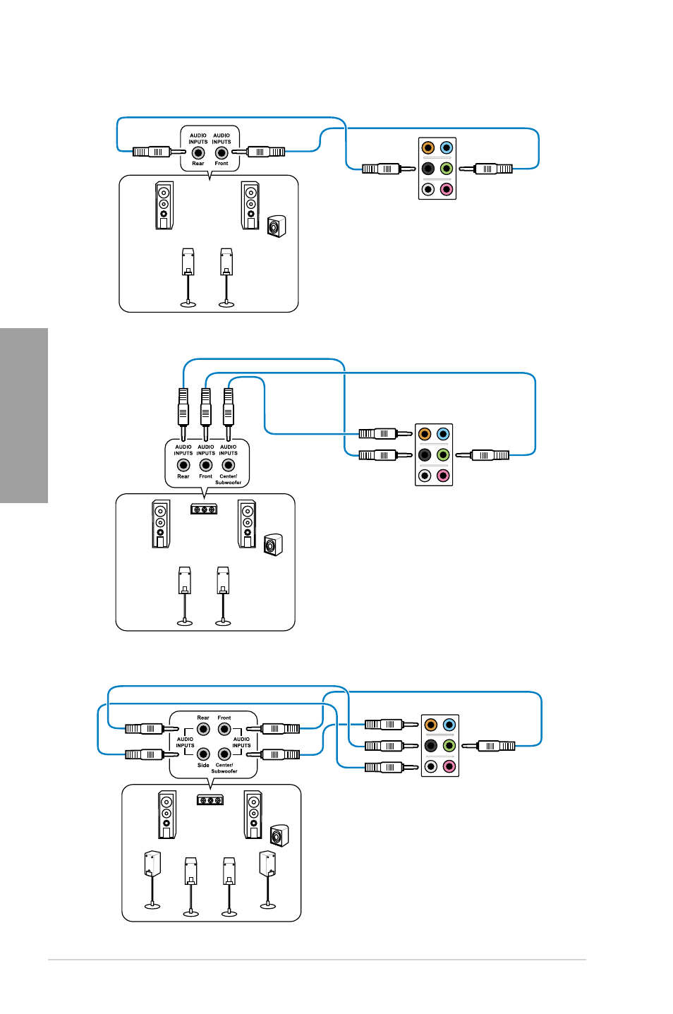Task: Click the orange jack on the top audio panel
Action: [x=428, y=147]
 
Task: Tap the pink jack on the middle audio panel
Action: [x=443, y=476]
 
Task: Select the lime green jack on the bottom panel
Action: [x=449, y=746]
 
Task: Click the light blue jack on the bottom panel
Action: [x=449, y=725]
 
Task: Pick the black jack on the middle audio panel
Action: [x=425, y=455]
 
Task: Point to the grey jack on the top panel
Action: [x=428, y=189]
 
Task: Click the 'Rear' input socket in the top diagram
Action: [x=198, y=153]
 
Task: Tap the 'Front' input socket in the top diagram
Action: [x=222, y=153]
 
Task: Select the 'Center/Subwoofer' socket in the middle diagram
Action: [x=228, y=465]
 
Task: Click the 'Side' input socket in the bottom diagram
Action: [x=203, y=754]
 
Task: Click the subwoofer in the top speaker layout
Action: [x=277, y=227]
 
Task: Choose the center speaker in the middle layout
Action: [x=204, y=509]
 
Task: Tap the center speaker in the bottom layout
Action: [x=210, y=800]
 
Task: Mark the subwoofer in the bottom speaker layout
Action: [x=279, y=835]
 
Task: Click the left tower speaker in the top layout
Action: [x=164, y=205]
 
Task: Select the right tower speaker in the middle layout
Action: [x=247, y=524]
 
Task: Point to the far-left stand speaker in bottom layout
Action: [x=152, y=879]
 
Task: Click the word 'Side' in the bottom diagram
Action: [x=203, y=766]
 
